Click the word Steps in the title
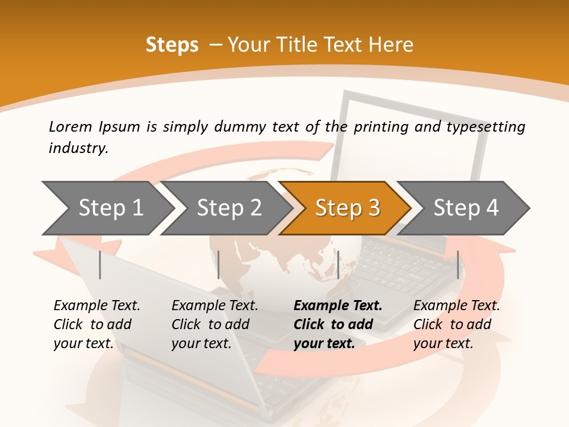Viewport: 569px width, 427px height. [x=172, y=45]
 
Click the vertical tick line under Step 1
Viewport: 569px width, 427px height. [x=100, y=265]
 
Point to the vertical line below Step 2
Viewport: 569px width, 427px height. [x=219, y=265]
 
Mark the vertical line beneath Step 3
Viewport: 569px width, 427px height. [x=338, y=265]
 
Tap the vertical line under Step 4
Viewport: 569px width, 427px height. [x=458, y=265]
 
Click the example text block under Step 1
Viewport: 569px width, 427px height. [x=97, y=324]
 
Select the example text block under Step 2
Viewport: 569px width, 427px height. [x=215, y=324]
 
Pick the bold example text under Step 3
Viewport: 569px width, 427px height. [x=338, y=324]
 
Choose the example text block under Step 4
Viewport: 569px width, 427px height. [x=456, y=324]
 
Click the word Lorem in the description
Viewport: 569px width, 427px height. [x=71, y=126]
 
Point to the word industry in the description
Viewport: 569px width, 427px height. [x=78, y=148]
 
